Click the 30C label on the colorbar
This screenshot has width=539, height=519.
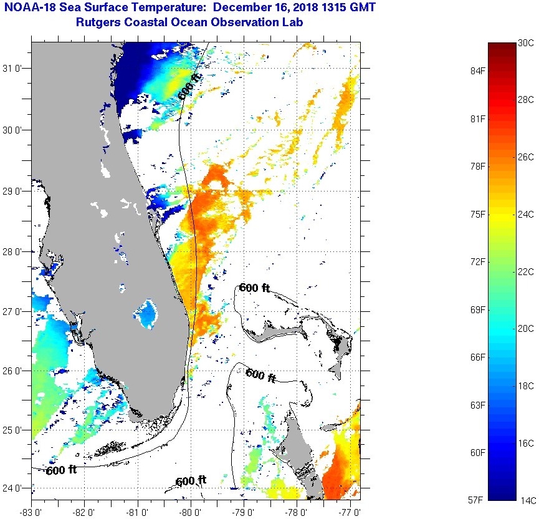526,43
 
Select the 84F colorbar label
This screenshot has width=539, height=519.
479,70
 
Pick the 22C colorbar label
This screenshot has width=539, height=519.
526,271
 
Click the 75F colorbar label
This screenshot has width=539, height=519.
479,214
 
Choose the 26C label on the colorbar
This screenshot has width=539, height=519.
526,157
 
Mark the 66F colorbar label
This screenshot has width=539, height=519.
479,357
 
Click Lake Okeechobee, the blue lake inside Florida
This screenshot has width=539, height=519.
148,313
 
